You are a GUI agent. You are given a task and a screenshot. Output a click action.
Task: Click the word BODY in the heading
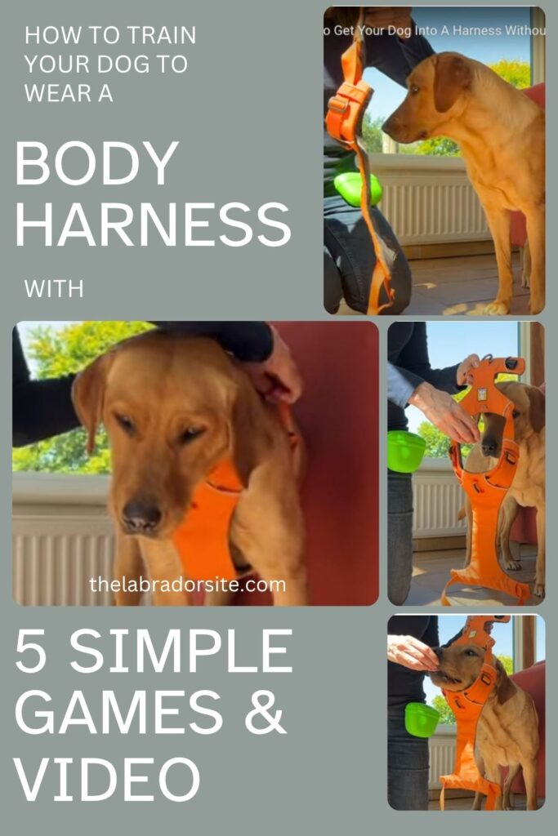(96, 163)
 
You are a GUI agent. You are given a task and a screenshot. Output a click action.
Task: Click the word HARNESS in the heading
(153, 225)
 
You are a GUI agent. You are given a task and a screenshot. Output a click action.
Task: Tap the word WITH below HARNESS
(54, 288)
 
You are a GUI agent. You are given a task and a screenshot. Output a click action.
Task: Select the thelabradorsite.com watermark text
(187, 585)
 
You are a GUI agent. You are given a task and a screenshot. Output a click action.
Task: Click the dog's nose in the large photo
(141, 516)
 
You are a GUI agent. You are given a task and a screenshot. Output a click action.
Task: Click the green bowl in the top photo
(357, 189)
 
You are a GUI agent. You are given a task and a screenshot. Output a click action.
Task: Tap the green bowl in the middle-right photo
(406, 451)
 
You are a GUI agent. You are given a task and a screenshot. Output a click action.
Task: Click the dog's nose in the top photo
(391, 129)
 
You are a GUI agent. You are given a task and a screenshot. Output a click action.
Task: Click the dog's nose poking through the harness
(490, 446)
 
